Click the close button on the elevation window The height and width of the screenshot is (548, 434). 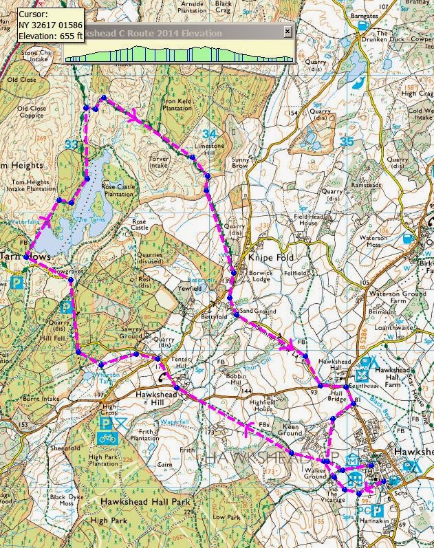pos(287,32)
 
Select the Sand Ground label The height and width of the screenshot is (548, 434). pos(259,312)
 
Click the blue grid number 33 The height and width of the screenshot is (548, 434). pos(71,144)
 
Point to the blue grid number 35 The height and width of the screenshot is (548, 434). pos(346,141)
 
